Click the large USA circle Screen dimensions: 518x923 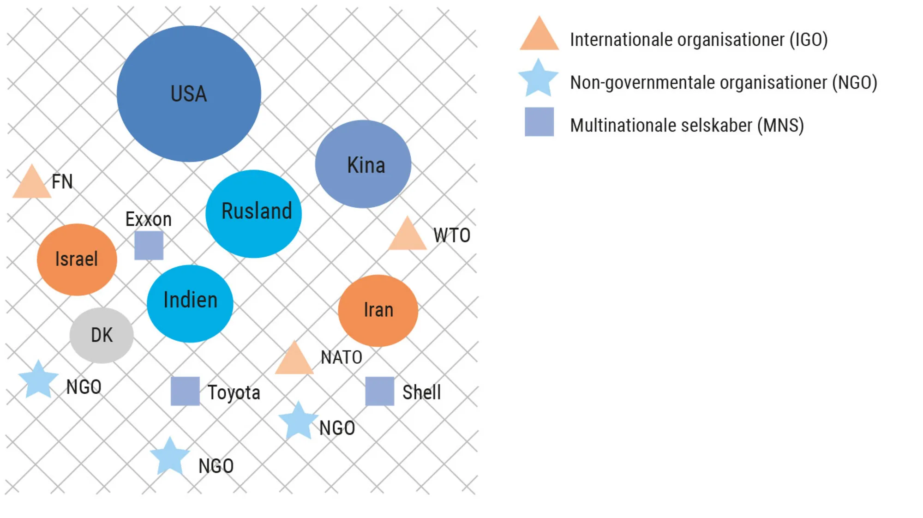point(189,94)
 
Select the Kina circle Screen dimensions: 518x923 point(363,164)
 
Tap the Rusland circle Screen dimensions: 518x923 point(253,213)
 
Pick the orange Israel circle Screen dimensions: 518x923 point(77,259)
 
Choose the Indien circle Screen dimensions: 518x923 point(190,303)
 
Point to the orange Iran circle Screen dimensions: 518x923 point(378,310)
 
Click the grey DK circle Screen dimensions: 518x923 point(102,335)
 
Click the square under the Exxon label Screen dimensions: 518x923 point(149,245)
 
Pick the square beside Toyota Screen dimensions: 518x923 point(185,391)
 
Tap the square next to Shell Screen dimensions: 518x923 point(379,391)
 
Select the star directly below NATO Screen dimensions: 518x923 point(298,421)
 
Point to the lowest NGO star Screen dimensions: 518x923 point(170,457)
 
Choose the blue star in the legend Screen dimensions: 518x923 point(538,78)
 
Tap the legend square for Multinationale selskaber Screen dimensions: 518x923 point(539,122)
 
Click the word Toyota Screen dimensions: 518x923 point(234,392)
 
